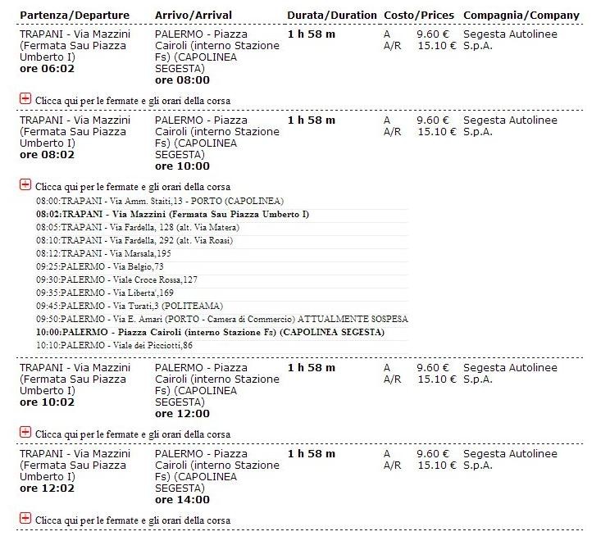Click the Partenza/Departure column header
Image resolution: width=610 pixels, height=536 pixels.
[74, 16]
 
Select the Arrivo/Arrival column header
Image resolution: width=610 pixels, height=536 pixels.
[193, 16]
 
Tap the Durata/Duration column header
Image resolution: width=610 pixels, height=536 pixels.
[332, 16]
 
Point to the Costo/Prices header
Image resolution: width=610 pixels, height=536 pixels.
[419, 16]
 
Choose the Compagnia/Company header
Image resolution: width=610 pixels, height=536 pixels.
[521, 16]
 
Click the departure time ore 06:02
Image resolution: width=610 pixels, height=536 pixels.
[47, 69]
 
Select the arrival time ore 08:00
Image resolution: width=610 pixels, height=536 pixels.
[182, 80]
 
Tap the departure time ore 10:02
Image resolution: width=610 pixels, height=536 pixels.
[47, 402]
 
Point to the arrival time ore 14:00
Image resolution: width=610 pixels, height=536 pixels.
[182, 500]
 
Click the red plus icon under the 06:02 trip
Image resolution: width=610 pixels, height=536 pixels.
[25, 99]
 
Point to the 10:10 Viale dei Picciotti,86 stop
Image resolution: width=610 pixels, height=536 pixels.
[115, 345]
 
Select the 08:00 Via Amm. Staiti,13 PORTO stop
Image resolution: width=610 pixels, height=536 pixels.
[160, 201]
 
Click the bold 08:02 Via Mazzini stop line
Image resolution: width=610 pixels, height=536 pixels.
[172, 214]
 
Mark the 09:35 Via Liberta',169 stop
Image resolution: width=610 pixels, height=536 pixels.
[105, 293]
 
